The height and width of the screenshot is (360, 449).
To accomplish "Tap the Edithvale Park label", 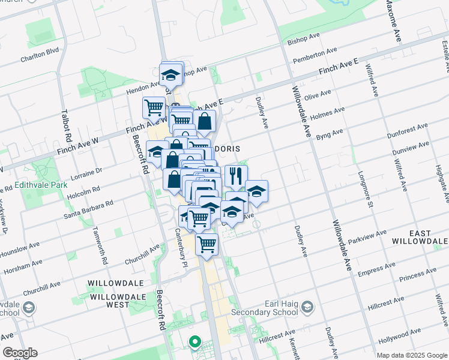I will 41,185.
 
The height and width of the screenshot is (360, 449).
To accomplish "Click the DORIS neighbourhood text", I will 228,148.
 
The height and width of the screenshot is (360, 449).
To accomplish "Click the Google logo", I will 20,353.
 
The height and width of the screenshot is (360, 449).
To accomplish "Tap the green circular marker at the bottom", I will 194,343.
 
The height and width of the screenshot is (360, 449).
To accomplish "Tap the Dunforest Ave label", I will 408,128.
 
